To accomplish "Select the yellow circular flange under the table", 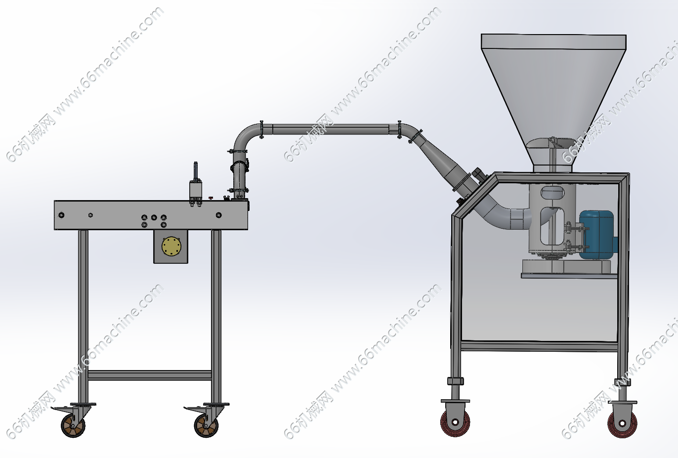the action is point(171,246).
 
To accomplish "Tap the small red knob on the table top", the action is point(211,198).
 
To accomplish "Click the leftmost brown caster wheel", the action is point(73,425).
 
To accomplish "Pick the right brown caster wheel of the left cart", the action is point(206,425).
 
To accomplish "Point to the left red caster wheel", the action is point(455,422).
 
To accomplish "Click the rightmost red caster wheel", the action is point(622,423).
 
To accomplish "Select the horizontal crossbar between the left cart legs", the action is point(150,375).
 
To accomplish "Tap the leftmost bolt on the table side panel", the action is point(61,215).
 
